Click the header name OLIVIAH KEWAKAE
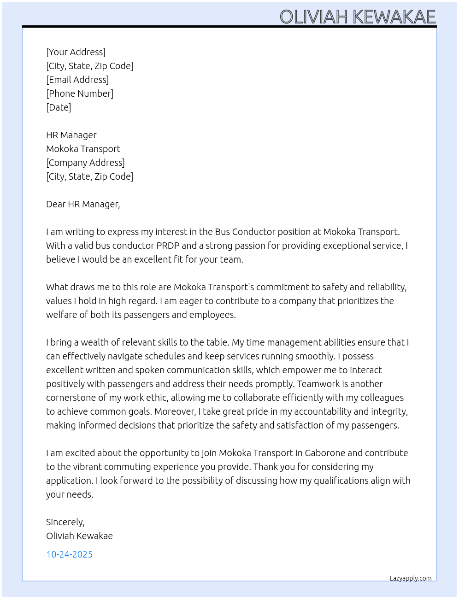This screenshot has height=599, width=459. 358,17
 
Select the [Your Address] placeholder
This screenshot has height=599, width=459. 76,52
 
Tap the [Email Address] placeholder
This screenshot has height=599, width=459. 77,80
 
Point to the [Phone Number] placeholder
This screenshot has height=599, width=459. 80,94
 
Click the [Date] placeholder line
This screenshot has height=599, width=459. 59,107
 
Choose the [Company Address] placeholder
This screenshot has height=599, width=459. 85,163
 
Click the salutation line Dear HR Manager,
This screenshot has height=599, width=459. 83,204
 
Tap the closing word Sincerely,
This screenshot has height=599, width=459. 65,522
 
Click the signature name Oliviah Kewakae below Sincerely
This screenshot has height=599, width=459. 79,536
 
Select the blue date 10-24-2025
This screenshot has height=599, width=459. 69,554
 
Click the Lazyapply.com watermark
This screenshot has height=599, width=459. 411,578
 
